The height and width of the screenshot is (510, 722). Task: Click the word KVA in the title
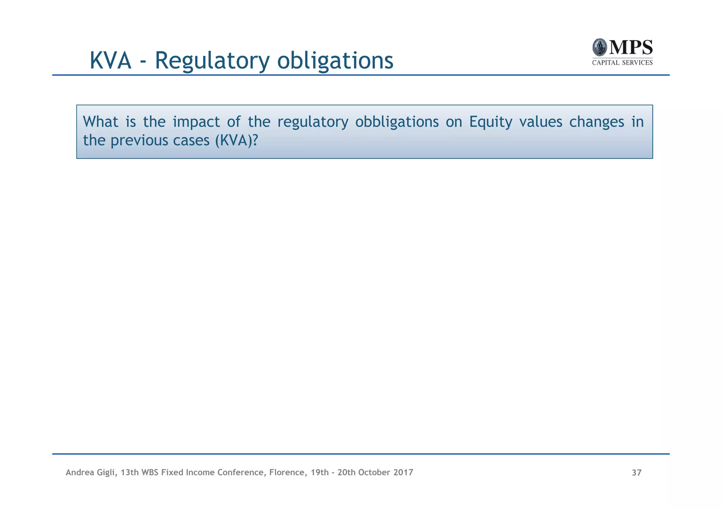[111, 61]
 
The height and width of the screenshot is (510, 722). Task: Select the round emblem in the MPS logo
[599, 47]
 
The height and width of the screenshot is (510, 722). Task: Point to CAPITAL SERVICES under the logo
[622, 63]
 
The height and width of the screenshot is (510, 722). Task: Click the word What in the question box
[100, 122]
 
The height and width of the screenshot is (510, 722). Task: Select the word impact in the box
[196, 122]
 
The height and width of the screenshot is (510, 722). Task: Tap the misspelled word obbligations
[397, 122]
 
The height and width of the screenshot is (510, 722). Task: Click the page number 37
[637, 473]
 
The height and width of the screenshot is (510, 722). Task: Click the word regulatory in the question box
[313, 122]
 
